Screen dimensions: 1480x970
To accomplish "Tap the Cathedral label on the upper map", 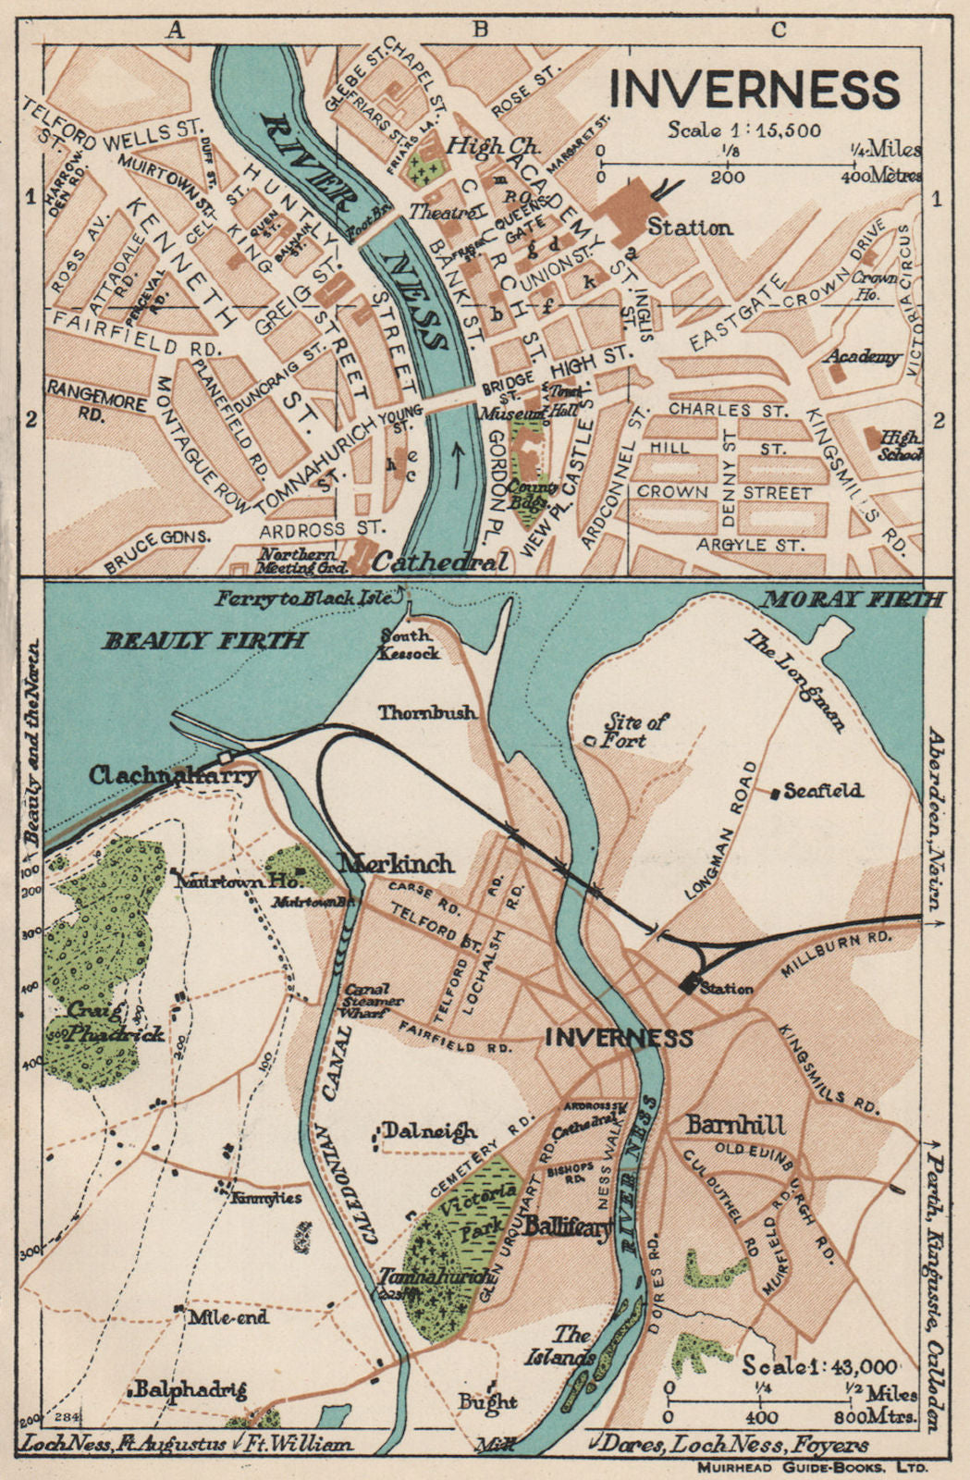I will [440, 561].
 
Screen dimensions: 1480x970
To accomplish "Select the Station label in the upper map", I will [690, 227].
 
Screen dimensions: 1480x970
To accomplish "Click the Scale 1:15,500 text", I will [744, 129].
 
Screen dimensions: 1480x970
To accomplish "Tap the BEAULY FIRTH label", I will [204, 639].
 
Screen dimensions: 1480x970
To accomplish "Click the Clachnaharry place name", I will [173, 775].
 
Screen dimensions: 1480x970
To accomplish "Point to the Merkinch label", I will [398, 863].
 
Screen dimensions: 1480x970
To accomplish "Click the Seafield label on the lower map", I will [823, 791].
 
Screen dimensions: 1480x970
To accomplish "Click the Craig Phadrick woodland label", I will [116, 1022].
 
